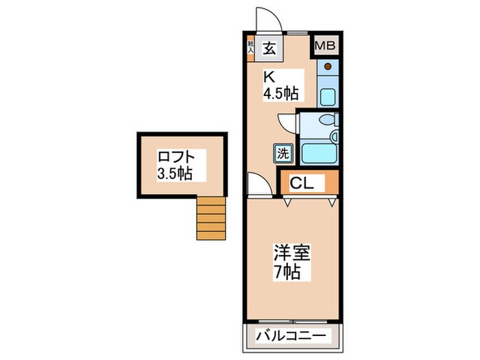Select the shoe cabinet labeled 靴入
251,47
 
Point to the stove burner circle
327,67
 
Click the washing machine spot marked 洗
283,153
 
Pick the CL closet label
301,183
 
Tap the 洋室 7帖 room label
292,260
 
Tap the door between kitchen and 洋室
260,184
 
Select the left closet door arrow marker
287,202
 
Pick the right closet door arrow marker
332,202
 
